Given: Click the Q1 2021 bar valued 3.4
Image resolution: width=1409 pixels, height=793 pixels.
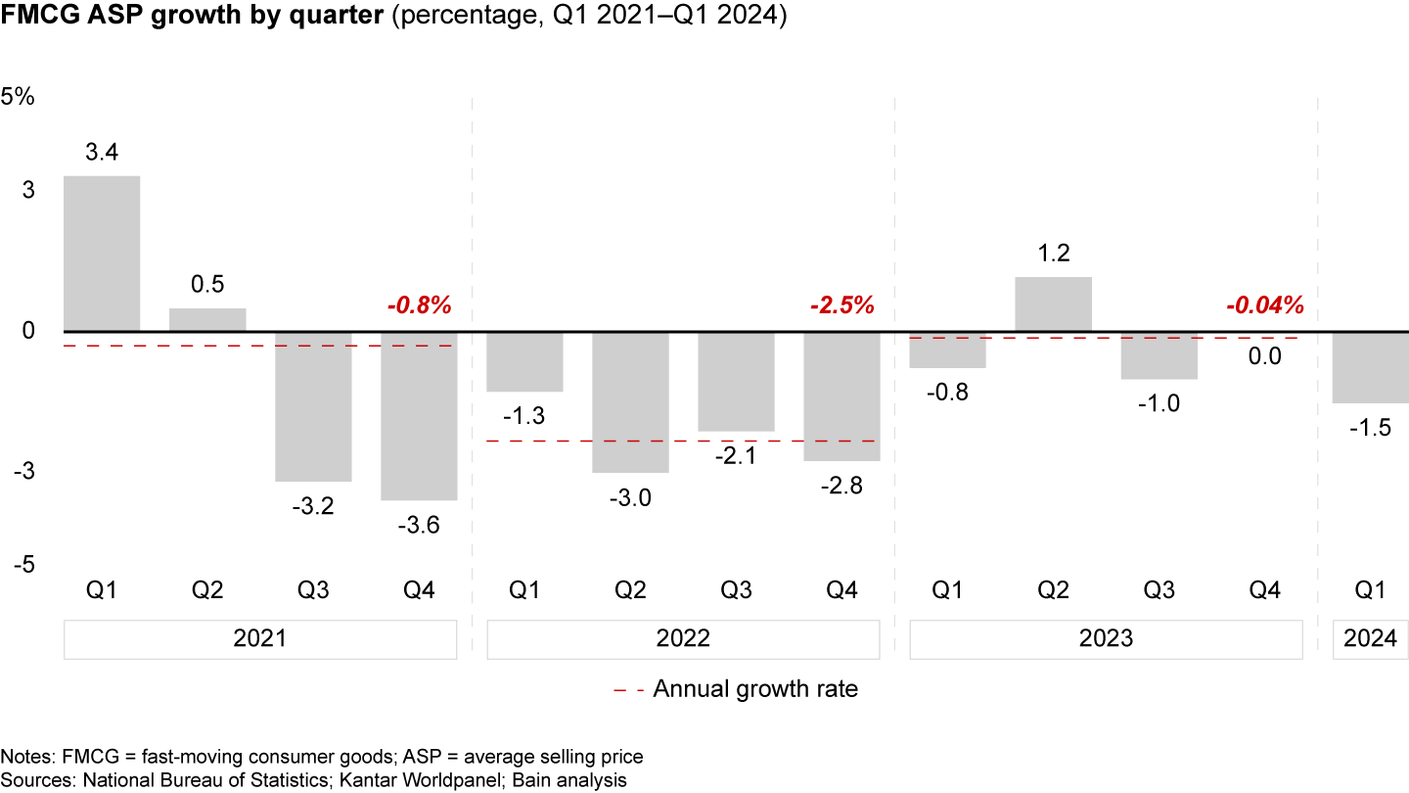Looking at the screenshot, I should pos(102,254).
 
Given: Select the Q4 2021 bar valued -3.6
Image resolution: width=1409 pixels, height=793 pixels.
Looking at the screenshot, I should pos(419,416).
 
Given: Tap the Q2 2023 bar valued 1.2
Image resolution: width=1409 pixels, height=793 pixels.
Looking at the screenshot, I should pos(1053,304).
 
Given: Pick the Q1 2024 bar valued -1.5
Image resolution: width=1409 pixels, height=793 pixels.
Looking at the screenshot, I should pos(1370,367).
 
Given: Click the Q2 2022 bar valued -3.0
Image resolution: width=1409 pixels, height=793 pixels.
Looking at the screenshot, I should pos(630,402).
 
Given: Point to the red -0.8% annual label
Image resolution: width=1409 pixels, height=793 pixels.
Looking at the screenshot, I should pos(419,305).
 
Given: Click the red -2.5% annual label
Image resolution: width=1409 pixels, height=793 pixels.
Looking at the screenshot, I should pos(841,305).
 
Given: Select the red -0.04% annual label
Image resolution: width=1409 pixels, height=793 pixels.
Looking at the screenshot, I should pos(1264,305).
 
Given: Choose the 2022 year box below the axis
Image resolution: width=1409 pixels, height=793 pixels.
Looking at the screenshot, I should pos(683,639).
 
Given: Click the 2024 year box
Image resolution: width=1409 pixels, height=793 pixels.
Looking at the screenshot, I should pos(1370,639).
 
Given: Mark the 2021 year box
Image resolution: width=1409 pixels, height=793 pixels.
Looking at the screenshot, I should pos(260,639).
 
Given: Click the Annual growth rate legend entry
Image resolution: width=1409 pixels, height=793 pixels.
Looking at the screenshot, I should pos(736,689).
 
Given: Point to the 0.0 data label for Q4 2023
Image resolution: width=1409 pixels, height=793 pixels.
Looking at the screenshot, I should pos(1264,356).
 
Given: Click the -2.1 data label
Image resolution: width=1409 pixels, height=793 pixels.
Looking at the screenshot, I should pos(736,455).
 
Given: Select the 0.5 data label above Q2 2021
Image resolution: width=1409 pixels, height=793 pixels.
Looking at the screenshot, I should pos(207,285).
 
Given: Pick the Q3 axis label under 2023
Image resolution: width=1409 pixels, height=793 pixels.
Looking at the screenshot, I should pos(1159,590).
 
